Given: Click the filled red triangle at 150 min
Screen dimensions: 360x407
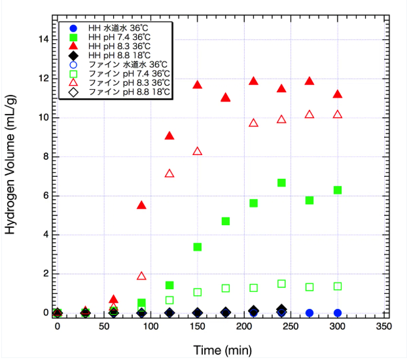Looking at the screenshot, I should pos(198,85).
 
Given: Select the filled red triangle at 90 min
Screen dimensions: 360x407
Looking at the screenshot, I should pos(141,206).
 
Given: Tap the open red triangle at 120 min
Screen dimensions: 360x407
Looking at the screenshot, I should pos(169,173).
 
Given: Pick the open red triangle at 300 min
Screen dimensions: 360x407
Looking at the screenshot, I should pos(338,115).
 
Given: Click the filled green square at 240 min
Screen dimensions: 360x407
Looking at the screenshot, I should pos(281,183).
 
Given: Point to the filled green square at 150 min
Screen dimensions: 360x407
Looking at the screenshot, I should pos(198,247).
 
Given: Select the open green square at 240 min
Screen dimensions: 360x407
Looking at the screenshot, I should pos(281,283).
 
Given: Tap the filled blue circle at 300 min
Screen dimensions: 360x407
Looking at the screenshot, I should pos(338,313).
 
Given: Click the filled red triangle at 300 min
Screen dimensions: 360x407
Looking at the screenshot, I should pos(338,94).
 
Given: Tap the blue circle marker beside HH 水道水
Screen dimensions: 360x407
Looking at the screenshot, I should pos(73,27).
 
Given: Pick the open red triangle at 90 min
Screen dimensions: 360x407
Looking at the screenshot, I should pos(141,276).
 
